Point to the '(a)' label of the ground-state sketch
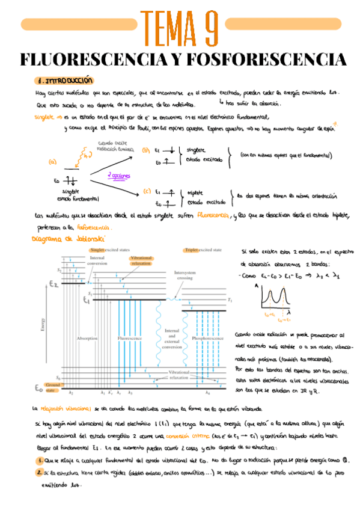click(x=52, y=161)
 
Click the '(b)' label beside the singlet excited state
click(x=145, y=150)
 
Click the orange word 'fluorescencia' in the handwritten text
click(x=208, y=215)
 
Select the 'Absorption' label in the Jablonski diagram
click(x=87, y=338)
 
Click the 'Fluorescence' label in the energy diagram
click(x=130, y=338)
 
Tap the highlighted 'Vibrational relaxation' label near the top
click(x=142, y=259)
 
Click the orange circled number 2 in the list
click(x=37, y=473)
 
